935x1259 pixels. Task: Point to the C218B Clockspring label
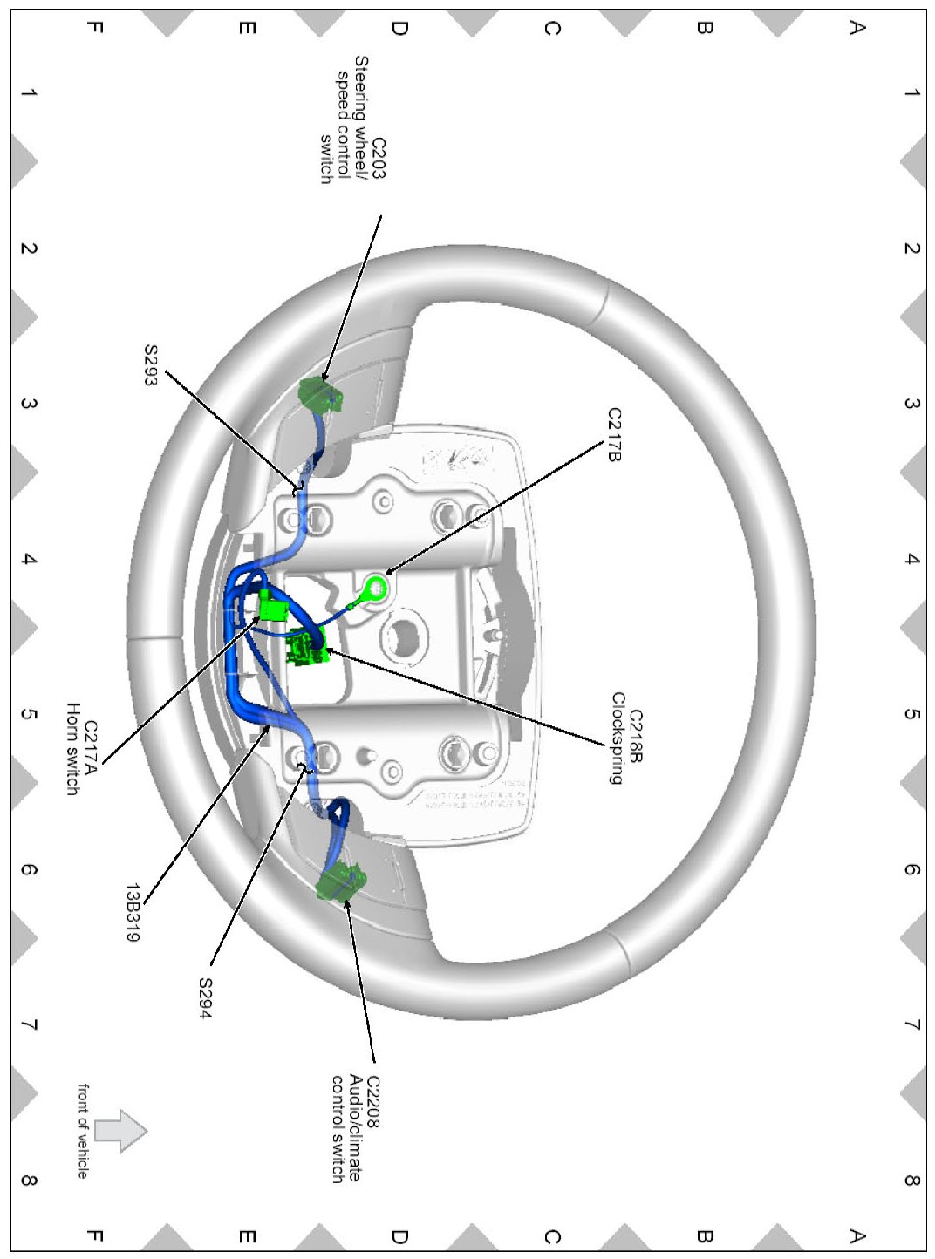[626, 738]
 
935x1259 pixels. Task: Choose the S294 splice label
[205, 997]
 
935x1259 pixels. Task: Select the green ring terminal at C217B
[376, 589]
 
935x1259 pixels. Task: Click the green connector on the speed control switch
[319, 394]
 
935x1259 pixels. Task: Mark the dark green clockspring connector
[308, 647]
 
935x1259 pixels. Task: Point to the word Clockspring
[618, 738]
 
